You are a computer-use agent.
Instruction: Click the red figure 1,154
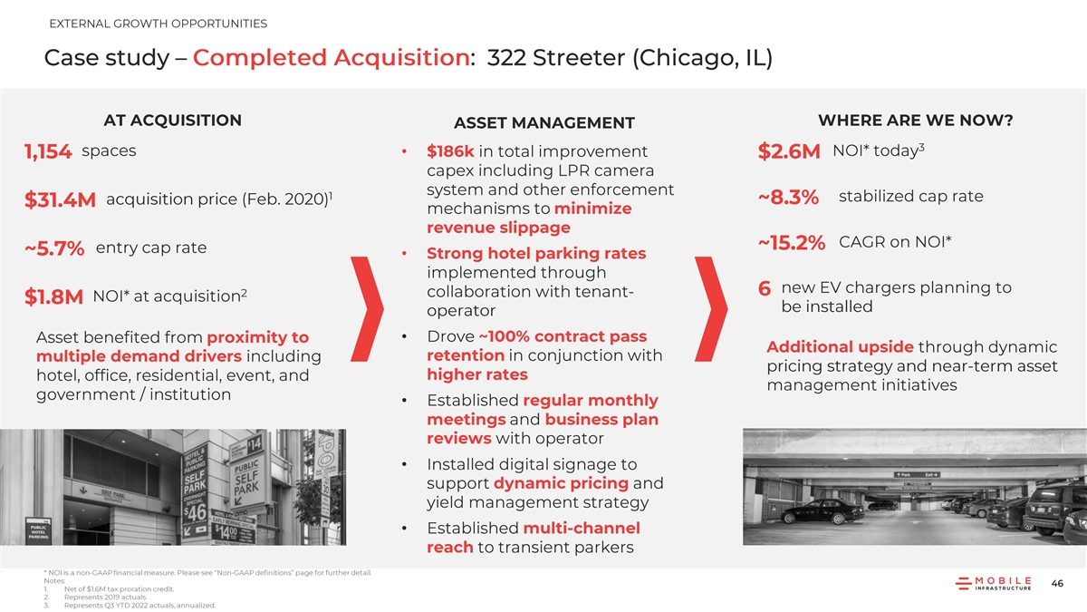pyautogui.click(x=49, y=154)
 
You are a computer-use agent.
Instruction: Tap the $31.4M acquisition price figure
pyautogui.click(x=61, y=201)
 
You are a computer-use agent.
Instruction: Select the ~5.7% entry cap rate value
pyautogui.click(x=55, y=249)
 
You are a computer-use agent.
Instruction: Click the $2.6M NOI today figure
pyautogui.click(x=790, y=154)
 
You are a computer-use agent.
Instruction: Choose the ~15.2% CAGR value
pyautogui.click(x=792, y=243)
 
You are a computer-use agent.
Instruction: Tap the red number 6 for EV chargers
pyautogui.click(x=765, y=289)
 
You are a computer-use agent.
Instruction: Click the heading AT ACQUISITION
pyautogui.click(x=173, y=121)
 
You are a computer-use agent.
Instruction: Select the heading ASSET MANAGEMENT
pyautogui.click(x=543, y=123)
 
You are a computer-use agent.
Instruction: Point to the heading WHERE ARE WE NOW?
pyautogui.click(x=915, y=121)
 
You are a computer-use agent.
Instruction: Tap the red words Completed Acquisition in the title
pyautogui.click(x=332, y=58)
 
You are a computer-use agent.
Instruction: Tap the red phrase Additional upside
pyautogui.click(x=840, y=348)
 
